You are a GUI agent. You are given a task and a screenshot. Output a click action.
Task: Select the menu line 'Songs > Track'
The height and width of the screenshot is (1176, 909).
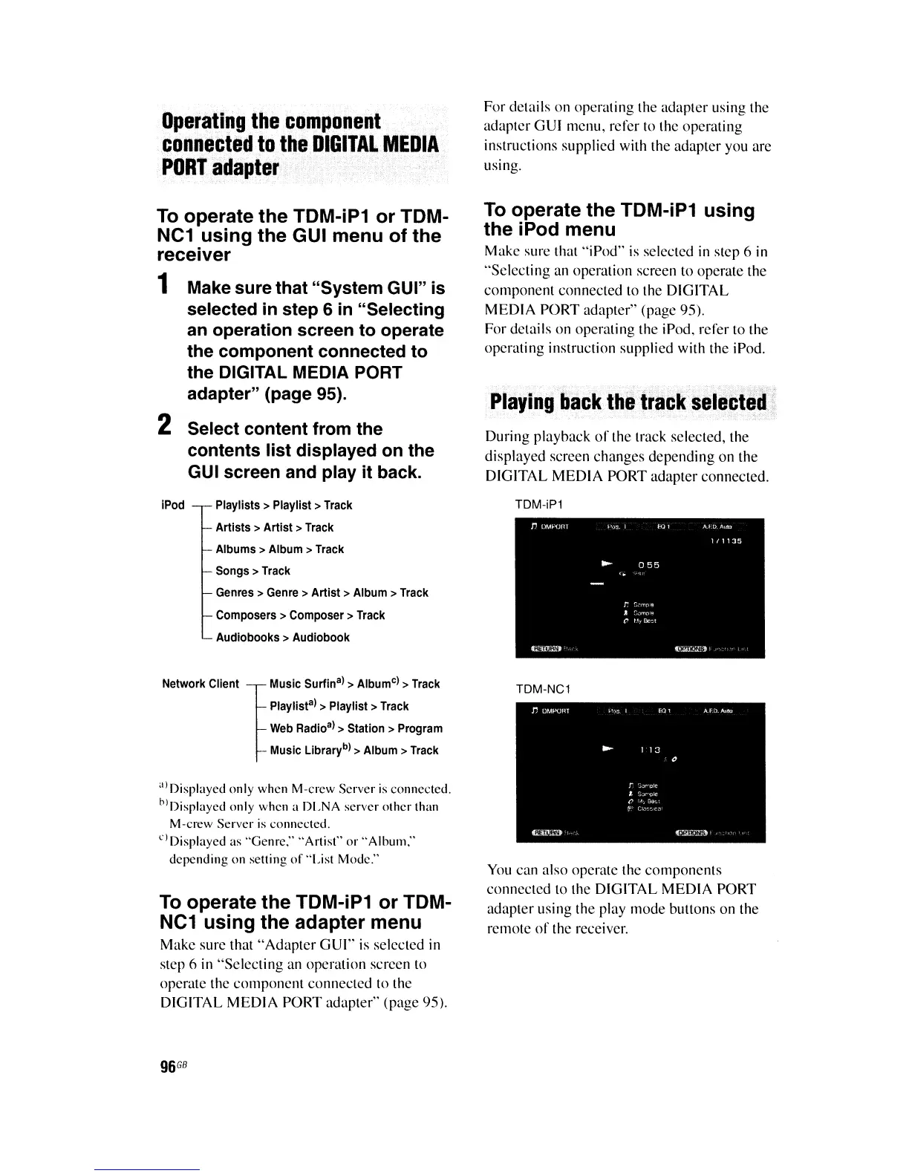[252, 571]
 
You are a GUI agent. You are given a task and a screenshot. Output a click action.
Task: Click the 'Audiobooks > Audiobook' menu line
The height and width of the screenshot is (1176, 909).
[282, 637]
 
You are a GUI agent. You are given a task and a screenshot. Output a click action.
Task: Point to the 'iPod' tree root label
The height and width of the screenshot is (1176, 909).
[172, 505]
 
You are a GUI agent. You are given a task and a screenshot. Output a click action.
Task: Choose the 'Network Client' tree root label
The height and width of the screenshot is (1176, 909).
[201, 684]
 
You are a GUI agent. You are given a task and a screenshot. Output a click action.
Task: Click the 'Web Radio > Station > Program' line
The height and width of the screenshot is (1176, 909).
[356, 728]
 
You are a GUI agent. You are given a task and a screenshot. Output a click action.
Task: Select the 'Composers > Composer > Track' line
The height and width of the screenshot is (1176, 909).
[300, 615]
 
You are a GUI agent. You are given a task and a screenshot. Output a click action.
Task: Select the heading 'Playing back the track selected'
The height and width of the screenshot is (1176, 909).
[628, 403]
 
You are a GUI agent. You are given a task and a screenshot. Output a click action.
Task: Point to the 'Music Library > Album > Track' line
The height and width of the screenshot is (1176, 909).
[353, 751]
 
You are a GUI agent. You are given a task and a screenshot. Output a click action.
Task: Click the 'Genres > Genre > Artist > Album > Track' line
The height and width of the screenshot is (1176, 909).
[322, 592]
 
